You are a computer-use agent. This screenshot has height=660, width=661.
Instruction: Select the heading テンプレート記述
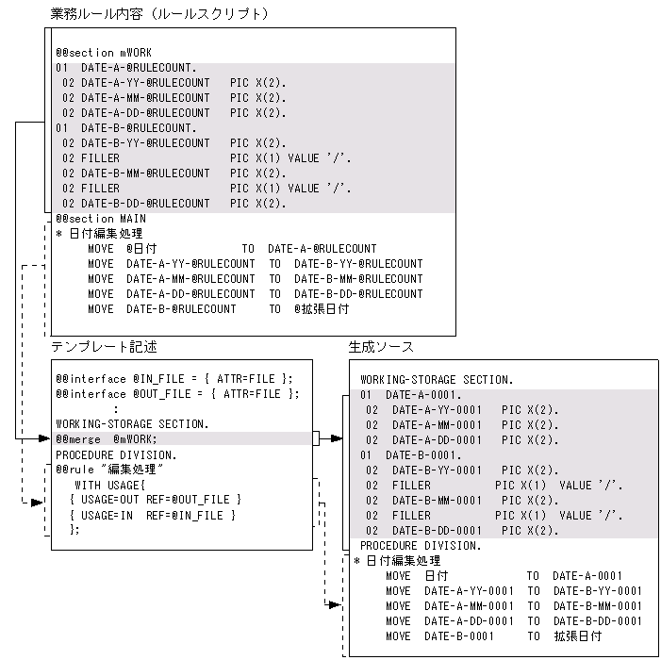point(104,347)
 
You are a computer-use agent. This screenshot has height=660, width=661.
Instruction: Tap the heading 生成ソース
point(381,347)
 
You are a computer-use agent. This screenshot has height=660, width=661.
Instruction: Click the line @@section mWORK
point(103,53)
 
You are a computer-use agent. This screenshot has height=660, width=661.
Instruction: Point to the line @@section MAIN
point(101,219)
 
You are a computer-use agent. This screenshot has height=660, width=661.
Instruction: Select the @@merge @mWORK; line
point(107,438)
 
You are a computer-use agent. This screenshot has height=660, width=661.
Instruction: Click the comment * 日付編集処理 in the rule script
point(100,234)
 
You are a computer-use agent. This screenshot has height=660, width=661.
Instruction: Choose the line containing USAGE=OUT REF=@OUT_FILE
point(156,499)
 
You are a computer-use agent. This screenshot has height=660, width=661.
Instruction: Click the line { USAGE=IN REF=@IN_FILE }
point(153,515)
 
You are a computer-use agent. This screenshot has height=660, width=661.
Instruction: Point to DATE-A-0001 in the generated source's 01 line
point(423,395)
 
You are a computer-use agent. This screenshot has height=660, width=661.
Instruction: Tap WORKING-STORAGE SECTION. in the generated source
point(437,380)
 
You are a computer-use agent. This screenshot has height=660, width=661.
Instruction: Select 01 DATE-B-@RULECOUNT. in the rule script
point(126,128)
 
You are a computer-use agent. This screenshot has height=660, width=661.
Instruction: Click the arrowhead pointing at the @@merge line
point(44,438)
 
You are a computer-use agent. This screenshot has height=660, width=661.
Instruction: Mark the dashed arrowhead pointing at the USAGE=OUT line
point(38,502)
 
